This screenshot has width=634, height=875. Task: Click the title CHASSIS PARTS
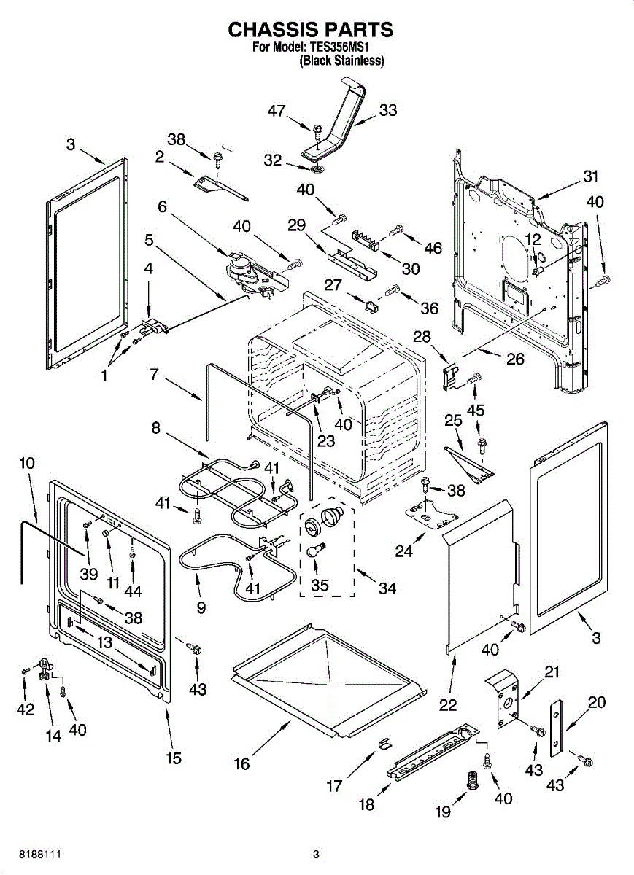click(311, 29)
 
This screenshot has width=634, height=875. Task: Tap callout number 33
click(388, 110)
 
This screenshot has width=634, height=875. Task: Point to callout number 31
click(590, 176)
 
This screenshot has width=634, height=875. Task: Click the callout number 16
click(241, 763)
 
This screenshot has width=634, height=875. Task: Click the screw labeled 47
click(317, 133)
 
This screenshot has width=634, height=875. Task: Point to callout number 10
click(27, 463)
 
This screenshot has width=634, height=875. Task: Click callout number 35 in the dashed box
click(319, 585)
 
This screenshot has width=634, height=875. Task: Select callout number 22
click(448, 705)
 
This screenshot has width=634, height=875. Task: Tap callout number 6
click(162, 207)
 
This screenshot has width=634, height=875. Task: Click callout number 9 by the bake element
click(201, 606)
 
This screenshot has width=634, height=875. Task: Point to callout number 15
click(173, 758)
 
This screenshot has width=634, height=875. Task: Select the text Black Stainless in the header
click(342, 61)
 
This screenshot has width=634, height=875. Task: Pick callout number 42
click(26, 709)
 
